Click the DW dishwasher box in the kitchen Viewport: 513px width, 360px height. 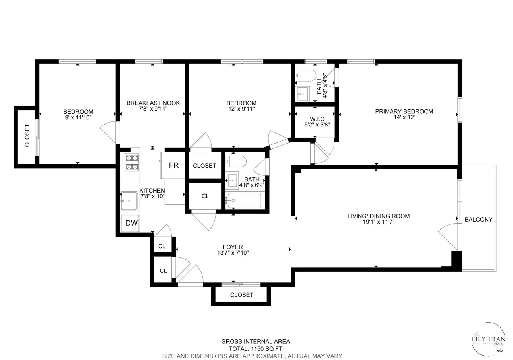pos(131,223)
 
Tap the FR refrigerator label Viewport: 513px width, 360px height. pos(174,165)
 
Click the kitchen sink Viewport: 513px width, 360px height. pos(129,201)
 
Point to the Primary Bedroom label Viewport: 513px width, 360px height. pos(404,111)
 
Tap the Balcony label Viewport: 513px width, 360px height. pos(478,219)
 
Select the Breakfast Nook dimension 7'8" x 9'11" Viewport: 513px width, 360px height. pos(153,109)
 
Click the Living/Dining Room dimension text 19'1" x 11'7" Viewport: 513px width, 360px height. pos(379,222)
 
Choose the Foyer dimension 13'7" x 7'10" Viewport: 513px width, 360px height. pos(233,253)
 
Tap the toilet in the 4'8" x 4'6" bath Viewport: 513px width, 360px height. pos(306,75)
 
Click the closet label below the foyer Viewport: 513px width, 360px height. pos(241,295)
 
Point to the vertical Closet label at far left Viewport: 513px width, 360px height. pos(27,136)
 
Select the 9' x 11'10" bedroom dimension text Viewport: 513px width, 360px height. pos(78,117)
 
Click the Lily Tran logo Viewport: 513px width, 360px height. pos(488,339)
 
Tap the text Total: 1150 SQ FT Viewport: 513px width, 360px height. pos(255,349)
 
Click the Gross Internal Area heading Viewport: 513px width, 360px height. pos(255,341)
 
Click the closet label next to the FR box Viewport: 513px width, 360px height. pos(204,166)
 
